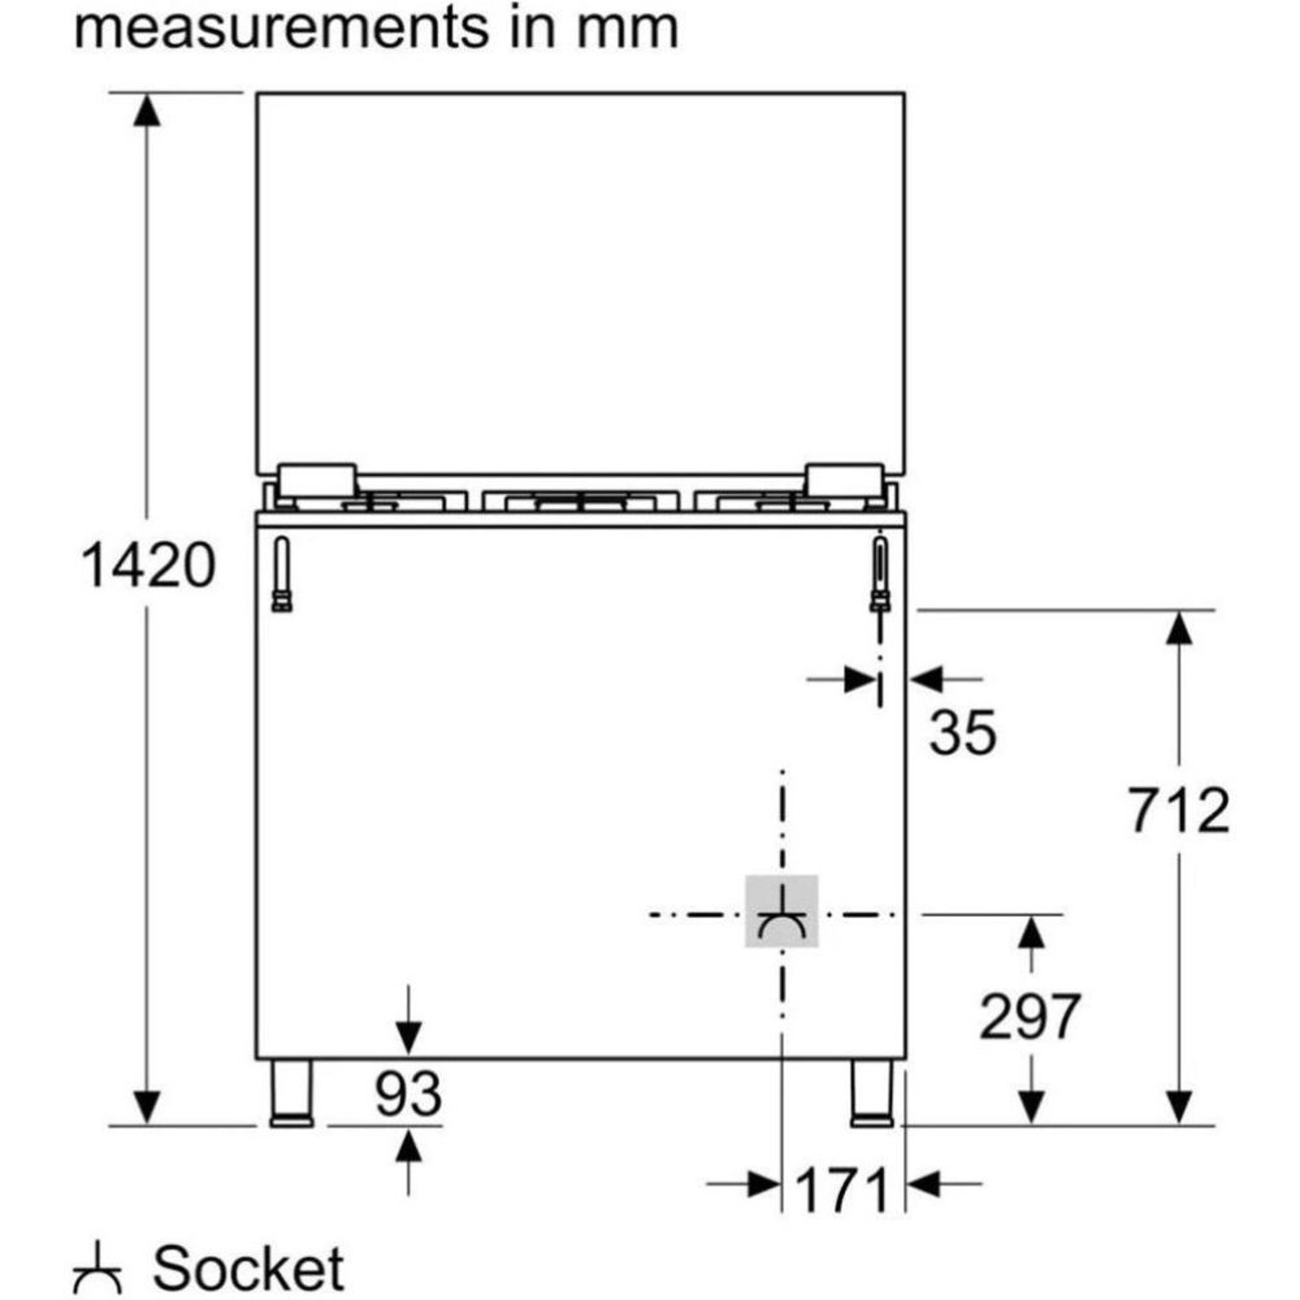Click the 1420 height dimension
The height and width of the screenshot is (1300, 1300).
point(147,565)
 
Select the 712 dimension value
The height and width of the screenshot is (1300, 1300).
point(1179,811)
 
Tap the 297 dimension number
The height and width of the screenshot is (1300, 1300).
point(1029,1016)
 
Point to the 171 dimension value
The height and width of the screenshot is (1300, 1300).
point(842,1191)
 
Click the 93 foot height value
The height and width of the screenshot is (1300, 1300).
point(408,1094)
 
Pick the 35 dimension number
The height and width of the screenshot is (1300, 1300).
point(963,732)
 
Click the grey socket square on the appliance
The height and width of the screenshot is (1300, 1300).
point(782,911)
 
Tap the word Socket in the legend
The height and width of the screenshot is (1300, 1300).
point(249,1269)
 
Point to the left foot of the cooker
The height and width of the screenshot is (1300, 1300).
point(292,1094)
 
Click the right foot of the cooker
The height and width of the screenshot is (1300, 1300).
point(872,1094)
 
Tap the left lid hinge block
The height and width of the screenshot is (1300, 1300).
point(316,480)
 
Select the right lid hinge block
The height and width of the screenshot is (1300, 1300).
point(843,480)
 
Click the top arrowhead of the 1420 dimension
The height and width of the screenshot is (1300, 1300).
point(147,110)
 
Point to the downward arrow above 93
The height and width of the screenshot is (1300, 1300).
point(408,1036)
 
